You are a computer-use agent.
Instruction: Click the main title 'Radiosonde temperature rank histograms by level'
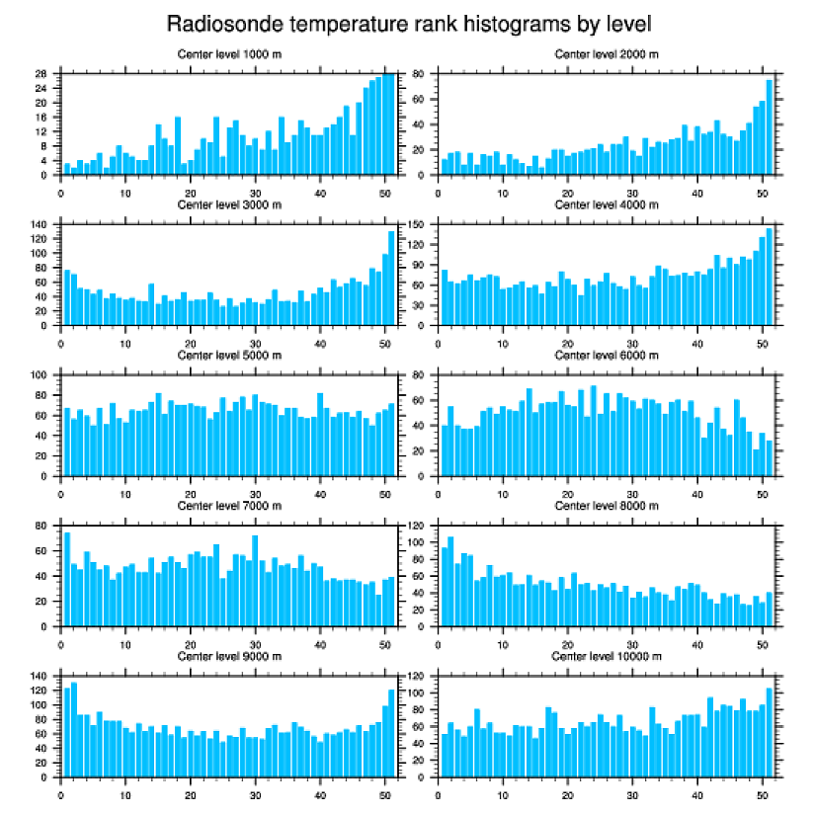pos(408,24)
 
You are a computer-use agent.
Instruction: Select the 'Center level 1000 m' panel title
pos(228,54)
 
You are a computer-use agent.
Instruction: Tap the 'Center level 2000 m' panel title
pos(607,54)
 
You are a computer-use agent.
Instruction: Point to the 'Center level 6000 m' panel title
pos(607,356)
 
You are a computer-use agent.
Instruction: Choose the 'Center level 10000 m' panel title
pos(607,656)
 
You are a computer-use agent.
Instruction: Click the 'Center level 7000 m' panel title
pos(228,506)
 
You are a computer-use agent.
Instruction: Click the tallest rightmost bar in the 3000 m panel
pos(391,278)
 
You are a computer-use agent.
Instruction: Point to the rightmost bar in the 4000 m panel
pos(770,277)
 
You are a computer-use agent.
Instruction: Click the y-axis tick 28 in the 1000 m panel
pos(42,73)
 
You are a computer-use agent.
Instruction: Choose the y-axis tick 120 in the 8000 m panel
pos(420,526)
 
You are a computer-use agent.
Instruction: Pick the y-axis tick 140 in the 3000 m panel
pos(40,224)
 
